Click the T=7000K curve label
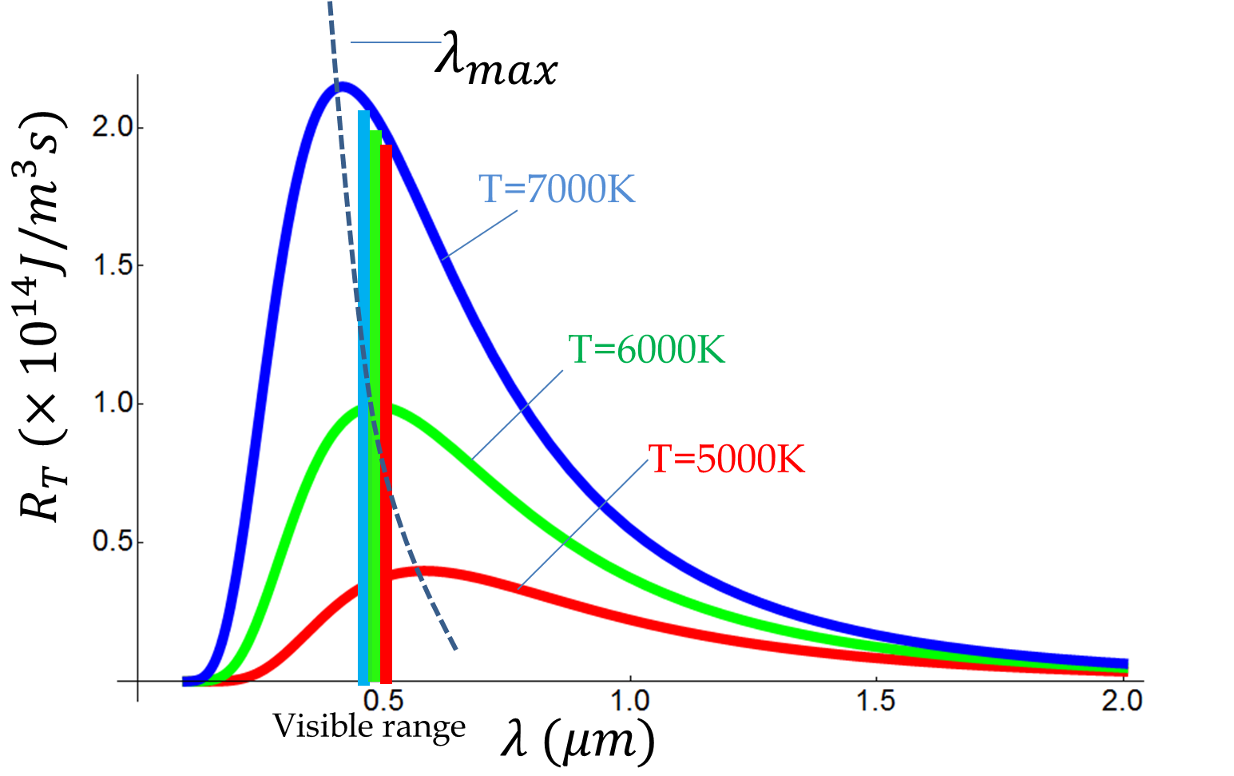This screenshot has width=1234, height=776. (x=557, y=189)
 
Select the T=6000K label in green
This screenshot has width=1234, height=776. (x=646, y=349)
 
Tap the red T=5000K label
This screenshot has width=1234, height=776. (x=726, y=459)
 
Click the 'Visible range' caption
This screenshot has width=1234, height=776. (x=369, y=726)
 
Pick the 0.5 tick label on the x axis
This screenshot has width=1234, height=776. (x=383, y=701)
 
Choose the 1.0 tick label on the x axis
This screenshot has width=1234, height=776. (x=630, y=701)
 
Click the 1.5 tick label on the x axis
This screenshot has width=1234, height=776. (x=876, y=701)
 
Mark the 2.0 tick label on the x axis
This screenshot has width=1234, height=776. (x=1122, y=701)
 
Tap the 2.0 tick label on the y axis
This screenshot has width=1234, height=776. (x=112, y=128)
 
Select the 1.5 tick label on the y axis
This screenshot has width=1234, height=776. (x=112, y=265)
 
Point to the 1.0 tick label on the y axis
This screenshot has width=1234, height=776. (x=112, y=404)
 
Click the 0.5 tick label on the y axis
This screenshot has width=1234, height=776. (x=112, y=542)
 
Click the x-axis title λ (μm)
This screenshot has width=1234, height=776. (x=577, y=742)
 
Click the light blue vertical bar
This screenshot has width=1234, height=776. (x=363, y=400)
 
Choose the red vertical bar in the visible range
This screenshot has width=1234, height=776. (x=386, y=416)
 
